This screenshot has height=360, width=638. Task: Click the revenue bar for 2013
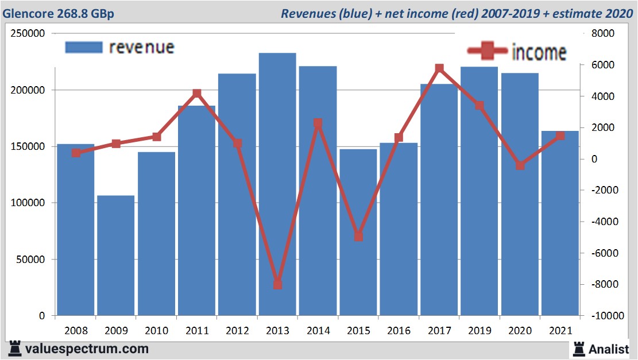277,184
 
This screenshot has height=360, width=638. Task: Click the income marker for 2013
277,284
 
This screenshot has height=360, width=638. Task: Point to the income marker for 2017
439,68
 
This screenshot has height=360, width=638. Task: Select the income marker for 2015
358,236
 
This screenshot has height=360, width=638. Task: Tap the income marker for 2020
520,165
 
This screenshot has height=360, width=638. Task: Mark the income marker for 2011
196,93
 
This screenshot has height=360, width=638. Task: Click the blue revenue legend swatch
84,47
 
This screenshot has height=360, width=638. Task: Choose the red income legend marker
488,52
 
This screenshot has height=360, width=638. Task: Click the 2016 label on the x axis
399,331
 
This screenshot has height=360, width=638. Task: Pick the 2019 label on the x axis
480,331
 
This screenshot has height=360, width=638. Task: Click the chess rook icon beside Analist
579,349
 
